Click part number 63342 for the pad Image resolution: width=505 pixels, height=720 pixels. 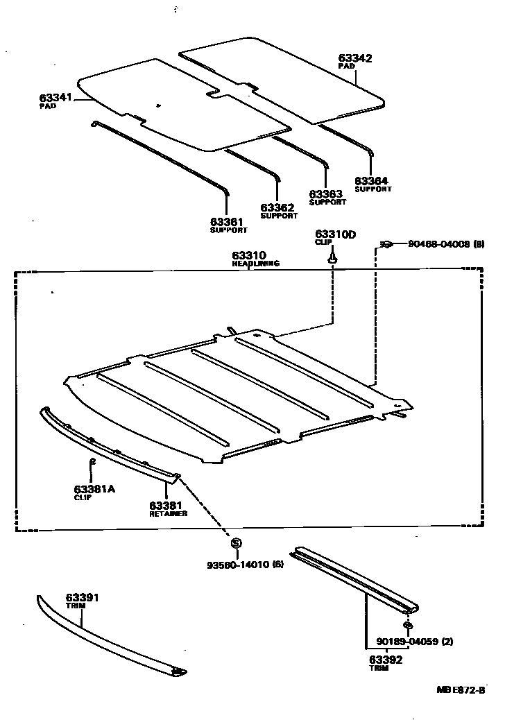(355, 58)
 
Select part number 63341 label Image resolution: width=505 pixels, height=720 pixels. (55, 98)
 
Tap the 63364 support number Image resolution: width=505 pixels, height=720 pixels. (371, 180)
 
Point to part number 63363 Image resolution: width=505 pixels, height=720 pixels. (325, 194)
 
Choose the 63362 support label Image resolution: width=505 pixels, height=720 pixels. (277, 207)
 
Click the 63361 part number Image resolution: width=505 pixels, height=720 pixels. (227, 221)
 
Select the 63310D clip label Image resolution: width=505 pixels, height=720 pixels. (335, 234)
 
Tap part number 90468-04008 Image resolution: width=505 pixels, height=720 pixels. (438, 243)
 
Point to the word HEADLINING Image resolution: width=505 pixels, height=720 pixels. (256, 264)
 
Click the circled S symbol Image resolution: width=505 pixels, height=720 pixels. (236, 543)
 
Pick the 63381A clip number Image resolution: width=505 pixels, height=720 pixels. (94, 489)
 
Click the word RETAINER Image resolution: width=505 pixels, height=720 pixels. (166, 514)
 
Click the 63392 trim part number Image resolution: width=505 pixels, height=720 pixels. (385, 659)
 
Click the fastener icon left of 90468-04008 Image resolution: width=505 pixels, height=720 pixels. (386, 243)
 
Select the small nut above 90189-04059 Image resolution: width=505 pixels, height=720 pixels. (407, 626)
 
